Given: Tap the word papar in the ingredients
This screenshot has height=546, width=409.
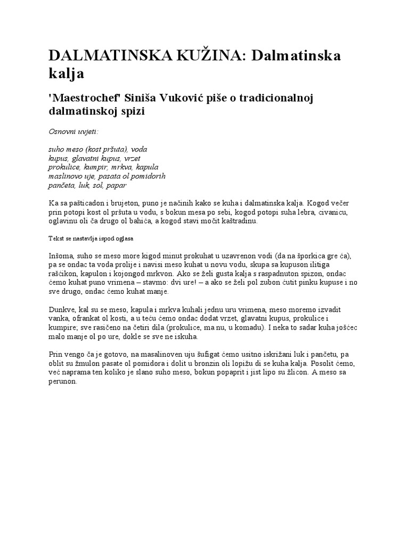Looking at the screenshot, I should pos(117,185).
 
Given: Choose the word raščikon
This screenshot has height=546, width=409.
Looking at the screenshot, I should pos(62,274).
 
